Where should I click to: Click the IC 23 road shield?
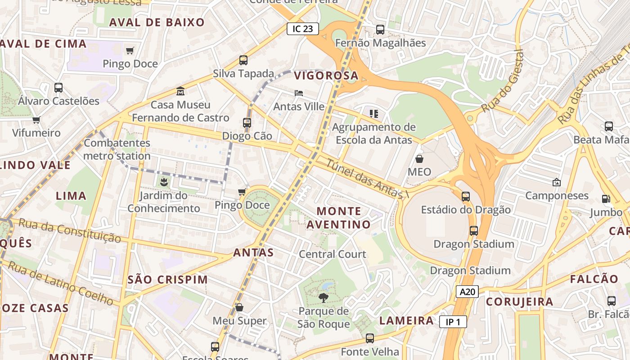click(303, 29)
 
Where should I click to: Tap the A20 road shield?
click(467, 292)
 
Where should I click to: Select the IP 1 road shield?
click(453, 322)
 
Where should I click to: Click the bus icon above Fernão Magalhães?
click(380, 30)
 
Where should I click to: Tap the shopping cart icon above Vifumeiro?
click(36, 120)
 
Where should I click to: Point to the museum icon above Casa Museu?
click(180, 91)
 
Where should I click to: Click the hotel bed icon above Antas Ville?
click(299, 93)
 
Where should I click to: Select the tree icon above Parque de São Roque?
click(323, 297)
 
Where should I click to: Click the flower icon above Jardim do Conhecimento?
click(163, 182)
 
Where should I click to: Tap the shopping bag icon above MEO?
click(419, 159)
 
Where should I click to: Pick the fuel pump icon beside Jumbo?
click(606, 198)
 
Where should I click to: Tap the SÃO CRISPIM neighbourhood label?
click(168, 279)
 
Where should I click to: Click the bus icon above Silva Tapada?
click(243, 60)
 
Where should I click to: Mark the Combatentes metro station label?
click(117, 149)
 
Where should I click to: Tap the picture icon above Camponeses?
click(557, 182)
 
